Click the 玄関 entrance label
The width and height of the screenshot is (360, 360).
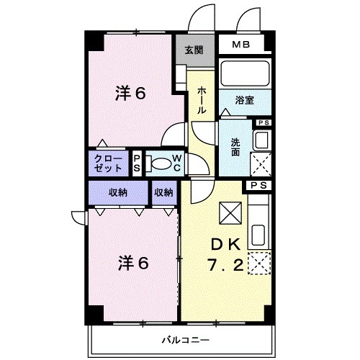pyautogui.click(x=193, y=50)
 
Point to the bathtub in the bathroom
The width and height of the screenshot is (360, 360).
pyautogui.click(x=244, y=74)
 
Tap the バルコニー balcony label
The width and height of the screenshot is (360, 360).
pyautogui.click(x=185, y=338)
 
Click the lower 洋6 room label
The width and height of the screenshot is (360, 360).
pyautogui.click(x=132, y=264)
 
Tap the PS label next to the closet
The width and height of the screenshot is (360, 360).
pyautogui.click(x=138, y=163)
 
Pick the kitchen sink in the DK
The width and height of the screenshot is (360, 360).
pyautogui.click(x=259, y=235)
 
